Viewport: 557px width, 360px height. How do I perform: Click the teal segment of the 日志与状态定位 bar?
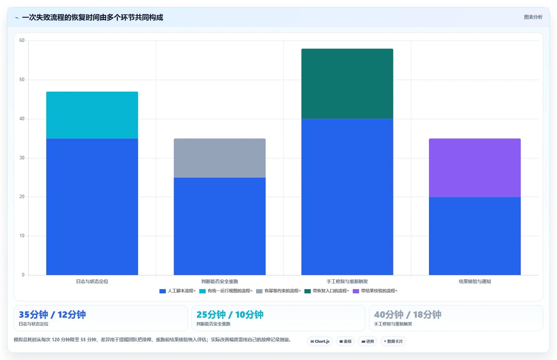(92, 115)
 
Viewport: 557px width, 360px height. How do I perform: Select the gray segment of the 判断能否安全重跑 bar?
(219, 158)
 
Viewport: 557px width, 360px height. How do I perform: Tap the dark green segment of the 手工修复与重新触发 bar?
(347, 84)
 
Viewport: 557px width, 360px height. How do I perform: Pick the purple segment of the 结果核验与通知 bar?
(475, 168)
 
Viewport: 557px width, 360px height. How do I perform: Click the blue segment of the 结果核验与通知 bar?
(475, 236)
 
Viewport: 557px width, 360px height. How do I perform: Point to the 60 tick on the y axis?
(22, 41)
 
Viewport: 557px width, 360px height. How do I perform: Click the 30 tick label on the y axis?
(22, 158)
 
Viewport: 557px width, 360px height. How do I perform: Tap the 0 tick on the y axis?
(23, 275)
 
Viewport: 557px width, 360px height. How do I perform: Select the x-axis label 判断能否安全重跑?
(219, 281)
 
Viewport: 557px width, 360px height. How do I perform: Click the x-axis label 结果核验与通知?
(475, 281)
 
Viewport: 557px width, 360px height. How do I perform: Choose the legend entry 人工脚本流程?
(177, 291)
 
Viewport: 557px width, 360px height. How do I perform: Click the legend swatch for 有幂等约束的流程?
(259, 291)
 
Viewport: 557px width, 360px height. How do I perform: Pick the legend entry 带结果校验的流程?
(375, 291)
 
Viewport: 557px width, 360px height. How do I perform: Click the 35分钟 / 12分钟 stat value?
(52, 315)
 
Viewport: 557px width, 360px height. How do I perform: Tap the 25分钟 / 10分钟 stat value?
(230, 315)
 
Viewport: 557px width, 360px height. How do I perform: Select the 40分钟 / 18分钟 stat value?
(407, 315)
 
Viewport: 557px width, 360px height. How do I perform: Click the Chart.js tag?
(320, 341)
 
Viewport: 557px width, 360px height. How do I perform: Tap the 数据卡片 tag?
(393, 341)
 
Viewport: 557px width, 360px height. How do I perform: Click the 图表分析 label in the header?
(533, 17)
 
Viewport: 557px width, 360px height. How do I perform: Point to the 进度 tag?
(368, 341)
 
